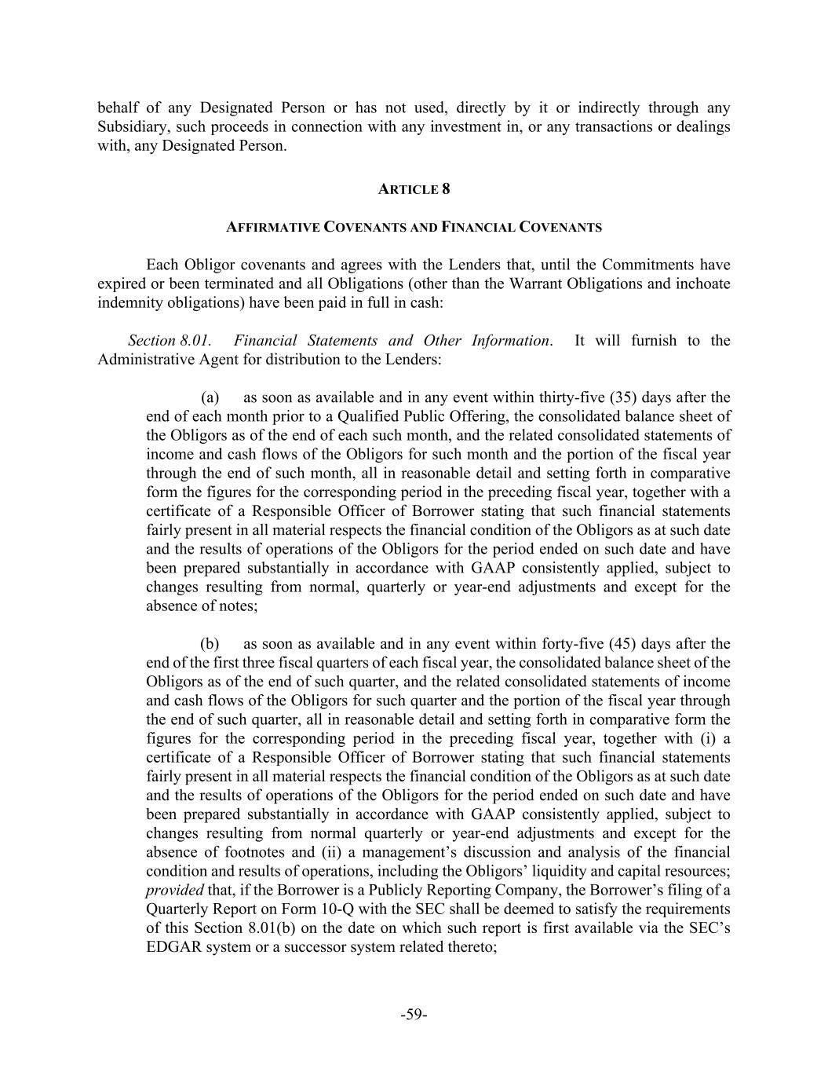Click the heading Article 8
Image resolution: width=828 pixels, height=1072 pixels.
pos(414,189)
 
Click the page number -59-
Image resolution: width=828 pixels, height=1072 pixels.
pos(414,1015)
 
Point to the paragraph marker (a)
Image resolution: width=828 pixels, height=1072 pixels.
pos(210,397)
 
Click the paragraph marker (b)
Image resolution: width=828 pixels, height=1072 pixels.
pos(210,644)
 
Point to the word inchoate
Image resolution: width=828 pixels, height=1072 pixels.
pos(702,284)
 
